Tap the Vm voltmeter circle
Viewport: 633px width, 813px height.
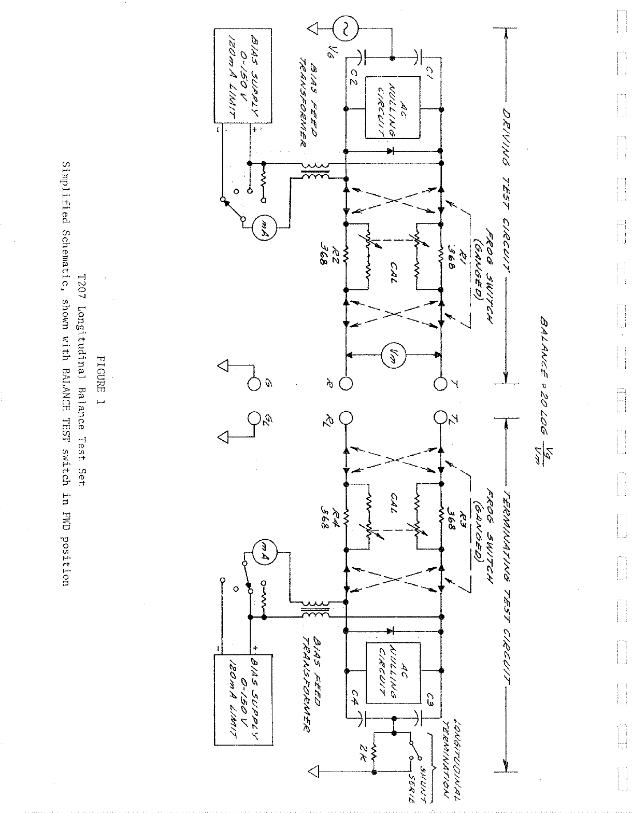tap(393, 355)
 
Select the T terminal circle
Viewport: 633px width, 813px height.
tap(441, 384)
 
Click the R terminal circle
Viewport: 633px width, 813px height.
tap(346, 384)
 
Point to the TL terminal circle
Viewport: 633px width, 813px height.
tap(441, 417)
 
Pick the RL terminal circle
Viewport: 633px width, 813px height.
tap(346, 417)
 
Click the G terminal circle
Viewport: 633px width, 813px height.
tap(254, 384)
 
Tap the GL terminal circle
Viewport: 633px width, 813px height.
tap(254, 417)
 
